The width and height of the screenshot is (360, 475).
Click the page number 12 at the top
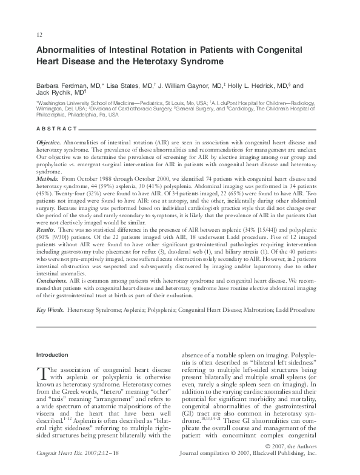tap(40, 35)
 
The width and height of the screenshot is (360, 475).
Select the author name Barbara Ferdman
tap(64, 86)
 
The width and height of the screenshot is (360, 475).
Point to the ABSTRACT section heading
tap(56, 129)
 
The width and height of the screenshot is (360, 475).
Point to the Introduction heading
tap(53, 354)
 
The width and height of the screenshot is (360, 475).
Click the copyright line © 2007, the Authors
tap(299, 462)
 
